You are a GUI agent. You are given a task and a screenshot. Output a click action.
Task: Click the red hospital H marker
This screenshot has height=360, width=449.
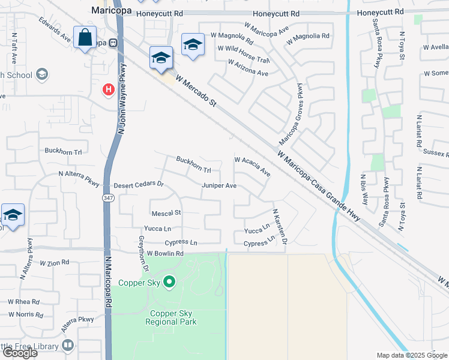tap(108, 90)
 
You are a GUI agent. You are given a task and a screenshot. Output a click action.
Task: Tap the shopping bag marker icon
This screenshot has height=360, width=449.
tap(85, 37)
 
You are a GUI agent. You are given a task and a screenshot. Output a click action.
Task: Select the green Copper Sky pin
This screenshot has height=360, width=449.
tap(169, 281)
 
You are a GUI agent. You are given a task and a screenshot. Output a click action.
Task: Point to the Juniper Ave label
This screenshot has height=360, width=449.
tap(219, 186)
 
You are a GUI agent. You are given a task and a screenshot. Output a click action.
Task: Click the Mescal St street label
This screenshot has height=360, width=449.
tap(166, 213)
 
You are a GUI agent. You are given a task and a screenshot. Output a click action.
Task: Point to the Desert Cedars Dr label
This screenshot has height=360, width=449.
tap(139, 184)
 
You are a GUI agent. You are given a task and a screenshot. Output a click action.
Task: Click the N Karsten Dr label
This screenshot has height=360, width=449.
tap(280, 227)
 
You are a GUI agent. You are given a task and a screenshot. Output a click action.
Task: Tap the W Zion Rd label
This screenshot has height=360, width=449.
tap(55, 263)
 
